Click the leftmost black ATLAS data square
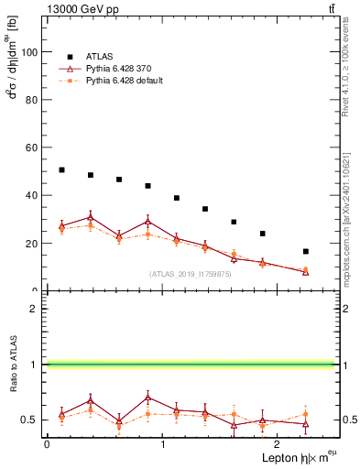(61, 169)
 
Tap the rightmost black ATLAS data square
(306, 251)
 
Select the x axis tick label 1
(163, 444)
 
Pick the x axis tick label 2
(278, 444)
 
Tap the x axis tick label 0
(47, 444)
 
